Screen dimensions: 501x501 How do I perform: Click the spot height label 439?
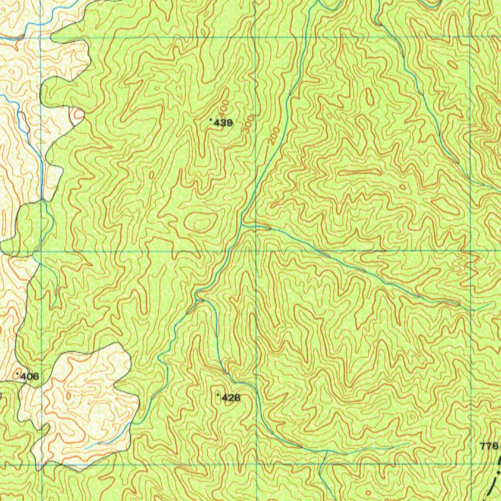223,123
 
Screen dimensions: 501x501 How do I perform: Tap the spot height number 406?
29,377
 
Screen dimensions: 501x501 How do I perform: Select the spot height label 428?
231,398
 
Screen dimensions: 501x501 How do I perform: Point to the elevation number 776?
489,446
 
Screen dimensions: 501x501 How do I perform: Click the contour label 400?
224,106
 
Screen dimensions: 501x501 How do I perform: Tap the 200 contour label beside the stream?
274,135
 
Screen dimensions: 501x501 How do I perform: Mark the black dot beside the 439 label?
211,119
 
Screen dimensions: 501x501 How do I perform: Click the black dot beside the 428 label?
218,394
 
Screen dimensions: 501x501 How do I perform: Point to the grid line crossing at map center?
256,250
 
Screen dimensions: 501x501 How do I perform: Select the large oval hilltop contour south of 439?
199,222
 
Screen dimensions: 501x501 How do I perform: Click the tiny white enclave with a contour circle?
77,116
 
